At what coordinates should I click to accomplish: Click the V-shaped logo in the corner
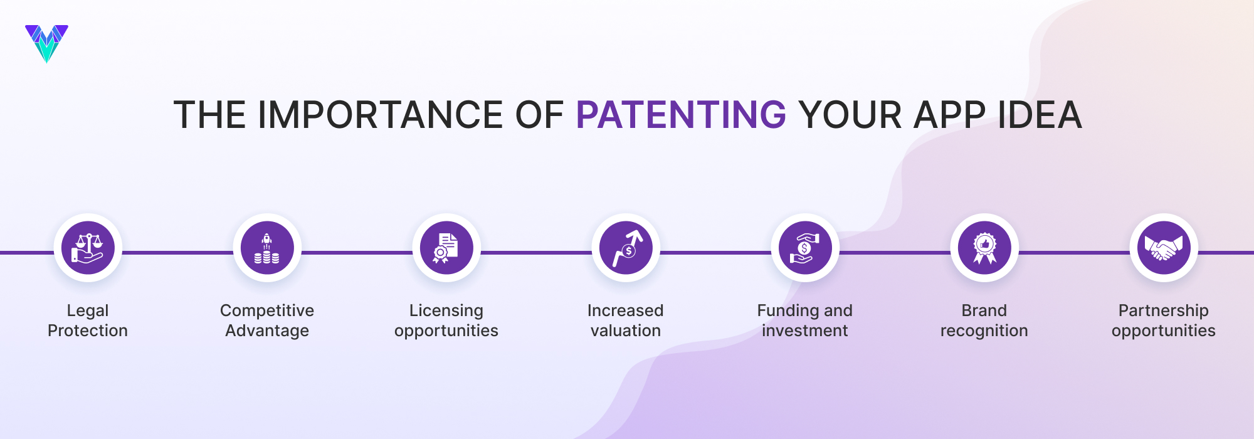click(x=46, y=43)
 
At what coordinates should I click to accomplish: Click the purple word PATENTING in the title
click(x=681, y=115)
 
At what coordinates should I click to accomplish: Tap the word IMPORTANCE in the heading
click(x=381, y=115)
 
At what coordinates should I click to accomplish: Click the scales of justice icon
click(x=88, y=248)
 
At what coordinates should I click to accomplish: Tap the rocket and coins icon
click(x=267, y=248)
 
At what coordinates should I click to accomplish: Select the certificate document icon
click(x=446, y=248)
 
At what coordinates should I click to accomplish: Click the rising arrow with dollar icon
click(x=626, y=248)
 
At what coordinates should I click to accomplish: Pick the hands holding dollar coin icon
click(x=805, y=248)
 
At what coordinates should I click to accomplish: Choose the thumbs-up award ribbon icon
click(x=984, y=248)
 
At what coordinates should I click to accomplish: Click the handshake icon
click(x=1164, y=248)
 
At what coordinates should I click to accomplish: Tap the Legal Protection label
click(x=88, y=320)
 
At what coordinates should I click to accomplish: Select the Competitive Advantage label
click(x=267, y=320)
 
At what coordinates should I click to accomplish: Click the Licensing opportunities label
click(x=446, y=320)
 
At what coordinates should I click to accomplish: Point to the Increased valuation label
click(x=626, y=320)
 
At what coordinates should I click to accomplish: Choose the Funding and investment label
click(x=805, y=320)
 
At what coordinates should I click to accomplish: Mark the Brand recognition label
click(x=984, y=320)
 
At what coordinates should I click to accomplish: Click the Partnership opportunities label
click(x=1164, y=320)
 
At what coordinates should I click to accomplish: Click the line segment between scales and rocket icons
click(x=177, y=253)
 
